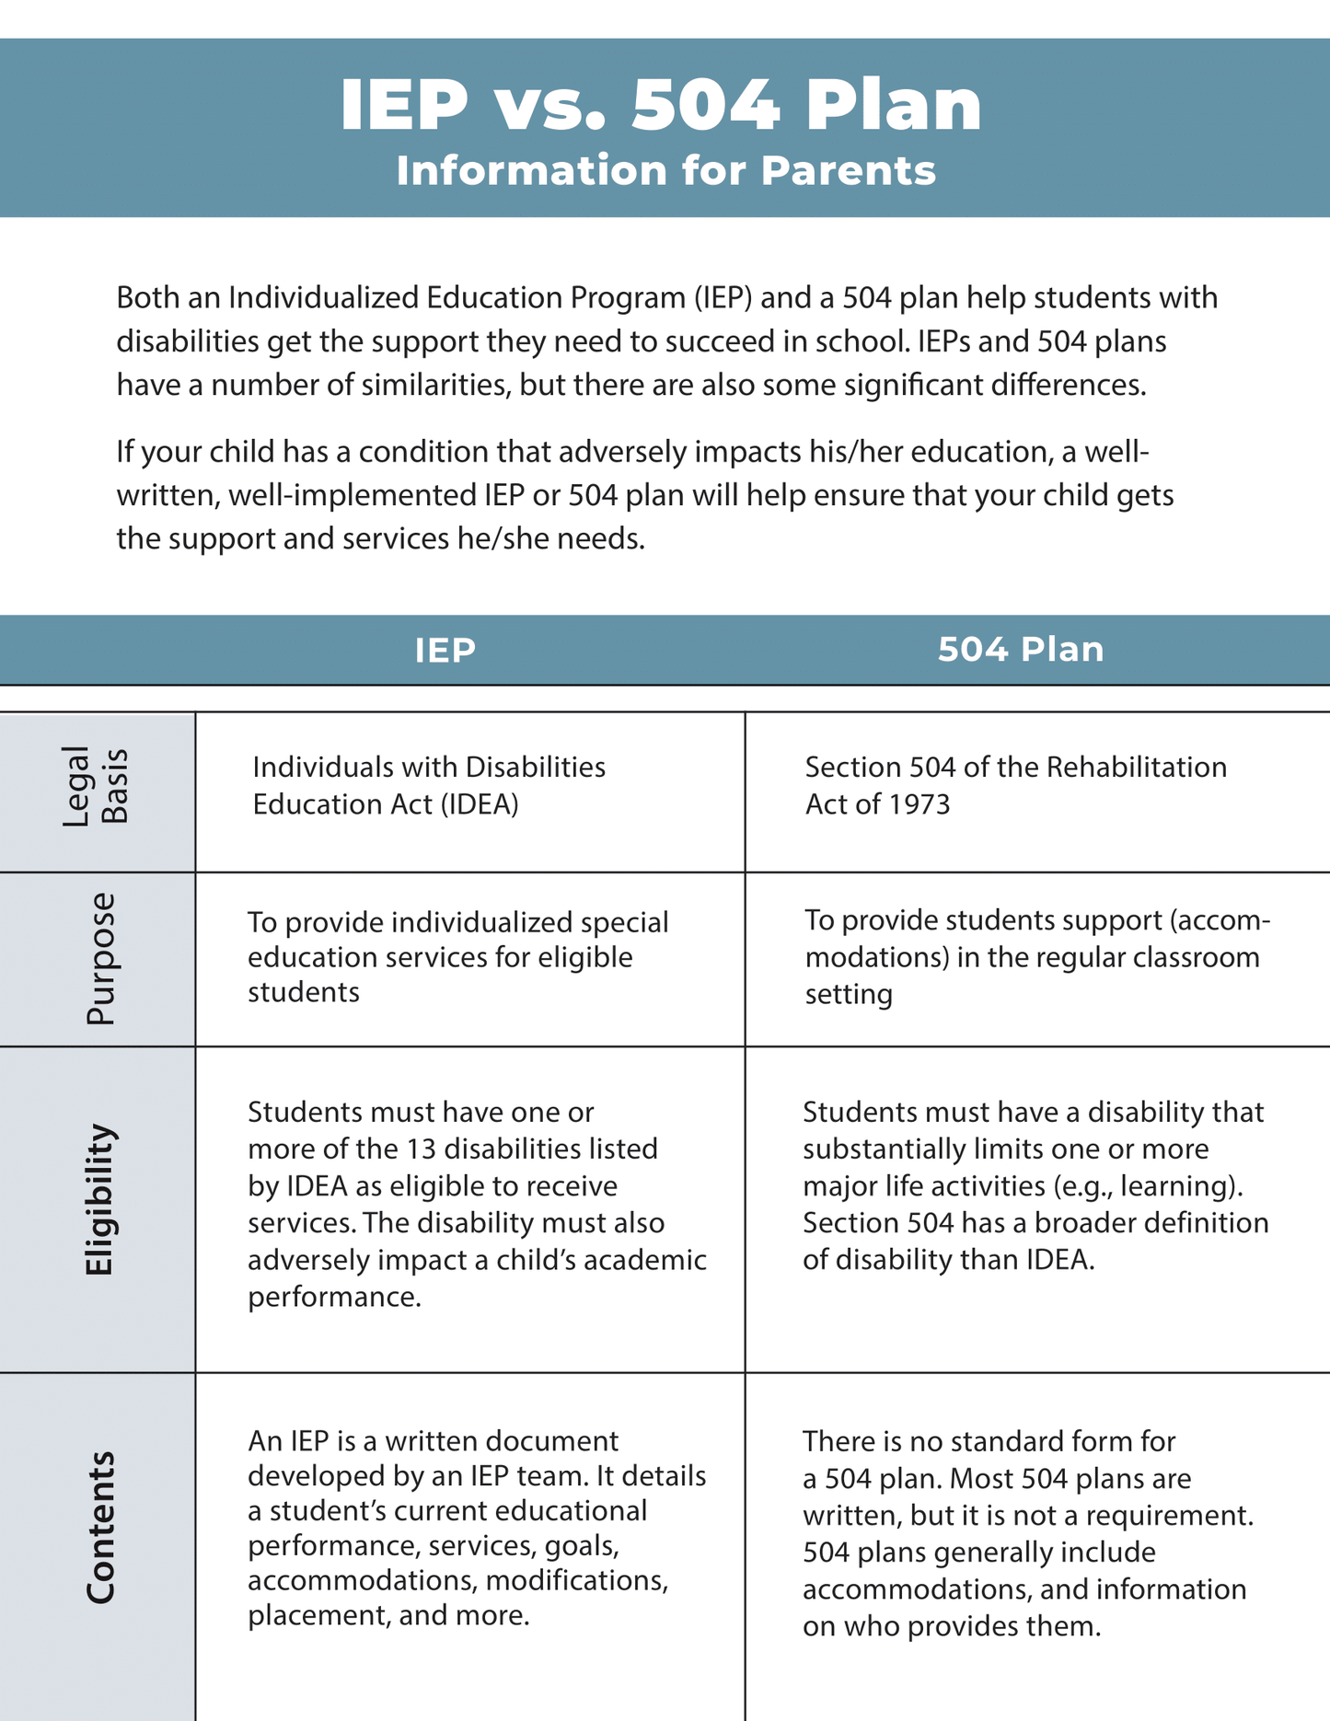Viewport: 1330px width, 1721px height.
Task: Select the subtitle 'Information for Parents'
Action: (665, 171)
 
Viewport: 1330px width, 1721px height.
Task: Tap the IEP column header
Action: (445, 650)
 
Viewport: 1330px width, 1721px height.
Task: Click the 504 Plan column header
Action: (1020, 649)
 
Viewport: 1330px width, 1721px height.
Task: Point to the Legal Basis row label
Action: (96, 787)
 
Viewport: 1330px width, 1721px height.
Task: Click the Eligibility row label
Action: (98, 1199)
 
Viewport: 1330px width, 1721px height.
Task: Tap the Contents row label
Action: (99, 1529)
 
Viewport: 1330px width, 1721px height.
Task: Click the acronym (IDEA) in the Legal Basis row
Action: (479, 804)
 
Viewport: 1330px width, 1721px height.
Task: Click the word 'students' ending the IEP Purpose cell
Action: (303, 992)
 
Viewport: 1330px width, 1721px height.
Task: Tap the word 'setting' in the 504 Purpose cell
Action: (848, 994)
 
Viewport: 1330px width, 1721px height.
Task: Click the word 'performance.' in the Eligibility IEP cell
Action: (334, 1297)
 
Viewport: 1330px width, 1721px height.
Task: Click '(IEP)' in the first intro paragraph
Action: (723, 297)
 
